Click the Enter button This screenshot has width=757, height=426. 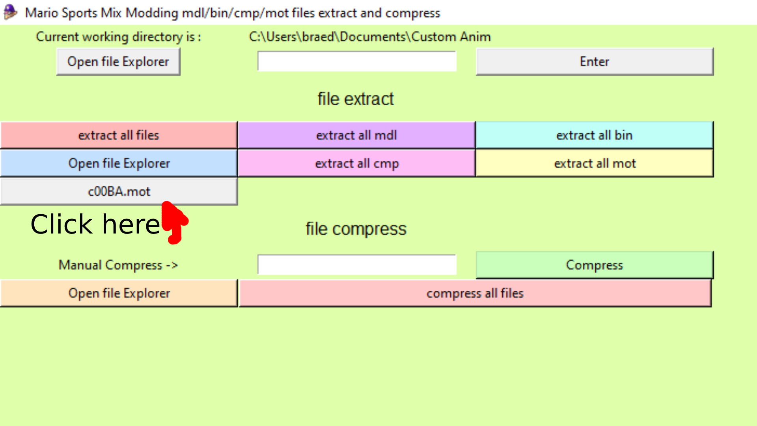pyautogui.click(x=595, y=62)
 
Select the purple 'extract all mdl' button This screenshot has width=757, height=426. pyautogui.click(x=356, y=135)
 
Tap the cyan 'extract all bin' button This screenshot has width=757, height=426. pyautogui.click(x=594, y=135)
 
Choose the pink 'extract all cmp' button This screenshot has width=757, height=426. pyautogui.click(x=356, y=163)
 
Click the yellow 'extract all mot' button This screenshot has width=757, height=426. pyautogui.click(x=595, y=163)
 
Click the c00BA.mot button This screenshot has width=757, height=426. pyautogui.click(x=119, y=192)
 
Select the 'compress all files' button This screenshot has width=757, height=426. pyautogui.click(x=475, y=293)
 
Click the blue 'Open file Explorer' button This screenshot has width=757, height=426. pyautogui.click(x=119, y=163)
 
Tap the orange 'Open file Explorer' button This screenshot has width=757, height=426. pyautogui.click(x=119, y=293)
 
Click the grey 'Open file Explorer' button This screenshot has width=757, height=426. pyautogui.click(x=118, y=62)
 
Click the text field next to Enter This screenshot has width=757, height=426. pyautogui.click(x=357, y=62)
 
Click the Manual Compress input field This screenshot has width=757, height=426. pyautogui.click(x=357, y=265)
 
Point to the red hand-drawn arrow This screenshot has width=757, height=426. pyautogui.click(x=174, y=222)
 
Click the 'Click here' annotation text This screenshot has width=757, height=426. pyautogui.click(x=95, y=224)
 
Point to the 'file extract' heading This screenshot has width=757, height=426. pyautogui.click(x=356, y=99)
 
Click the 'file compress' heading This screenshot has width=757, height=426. pyautogui.click(x=356, y=229)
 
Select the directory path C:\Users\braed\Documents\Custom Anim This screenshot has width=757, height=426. pyautogui.click(x=370, y=37)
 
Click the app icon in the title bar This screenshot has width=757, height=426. pyautogui.click(x=10, y=12)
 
